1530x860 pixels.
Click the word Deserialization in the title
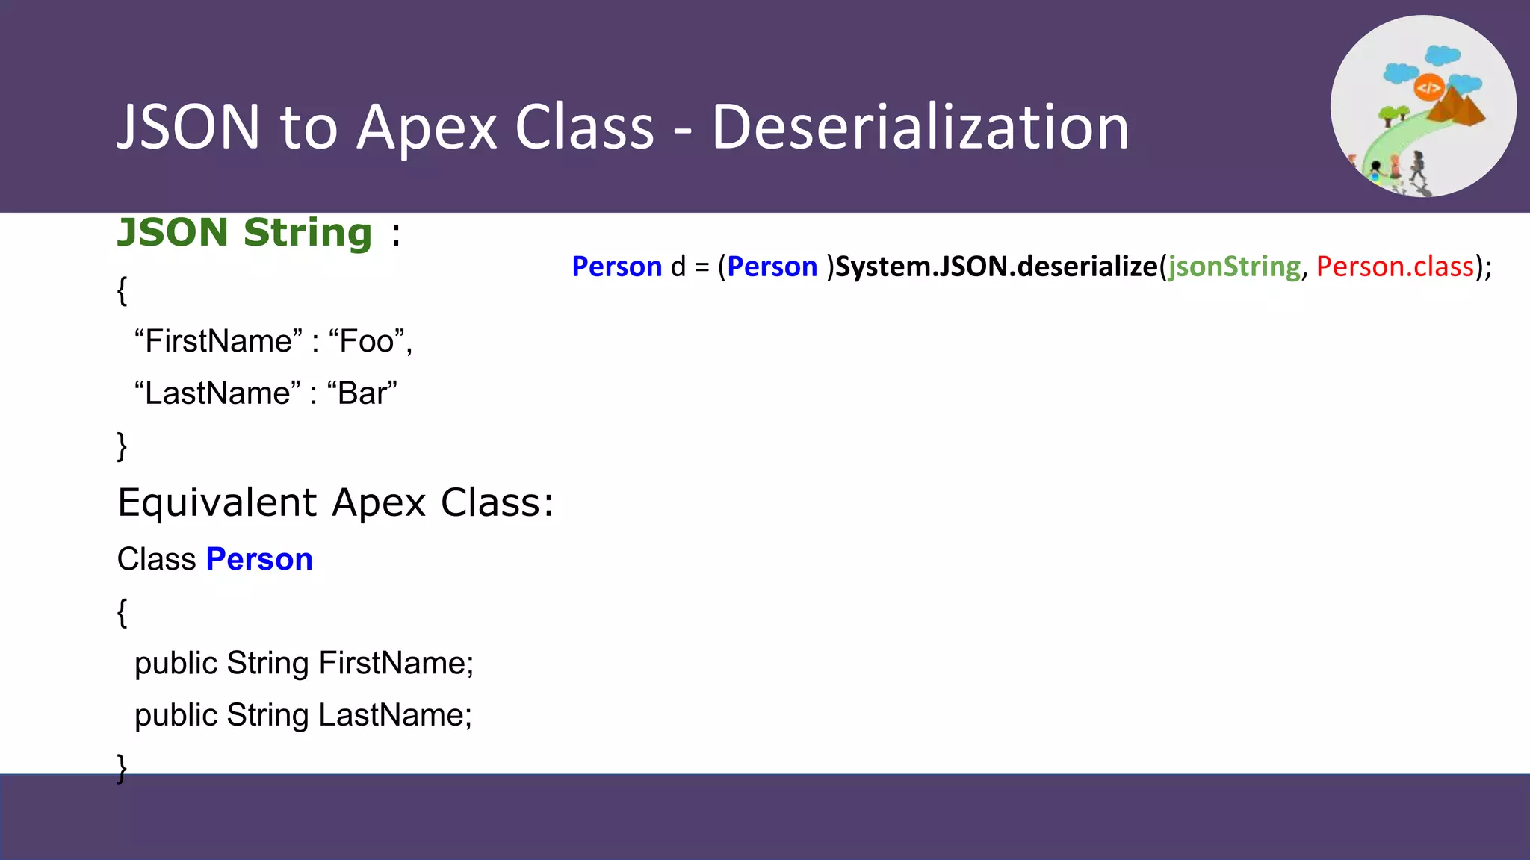point(920,128)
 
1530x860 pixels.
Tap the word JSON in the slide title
point(188,128)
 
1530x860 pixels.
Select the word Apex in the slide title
point(427,128)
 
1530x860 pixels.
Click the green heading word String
point(308,233)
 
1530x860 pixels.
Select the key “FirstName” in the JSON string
point(219,342)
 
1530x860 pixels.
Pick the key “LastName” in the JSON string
point(217,393)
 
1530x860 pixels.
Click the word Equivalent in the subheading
point(217,503)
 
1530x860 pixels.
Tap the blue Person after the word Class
point(259,560)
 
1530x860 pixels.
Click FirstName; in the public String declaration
point(396,664)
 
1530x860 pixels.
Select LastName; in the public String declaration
point(395,715)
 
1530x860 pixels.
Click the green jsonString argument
point(1234,267)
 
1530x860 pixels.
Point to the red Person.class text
point(1395,267)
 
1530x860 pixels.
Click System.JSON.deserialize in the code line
point(996,267)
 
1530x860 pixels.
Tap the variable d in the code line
point(678,267)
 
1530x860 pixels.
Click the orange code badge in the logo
point(1428,88)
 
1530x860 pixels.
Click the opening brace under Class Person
point(123,612)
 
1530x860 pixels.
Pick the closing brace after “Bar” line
point(123,446)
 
